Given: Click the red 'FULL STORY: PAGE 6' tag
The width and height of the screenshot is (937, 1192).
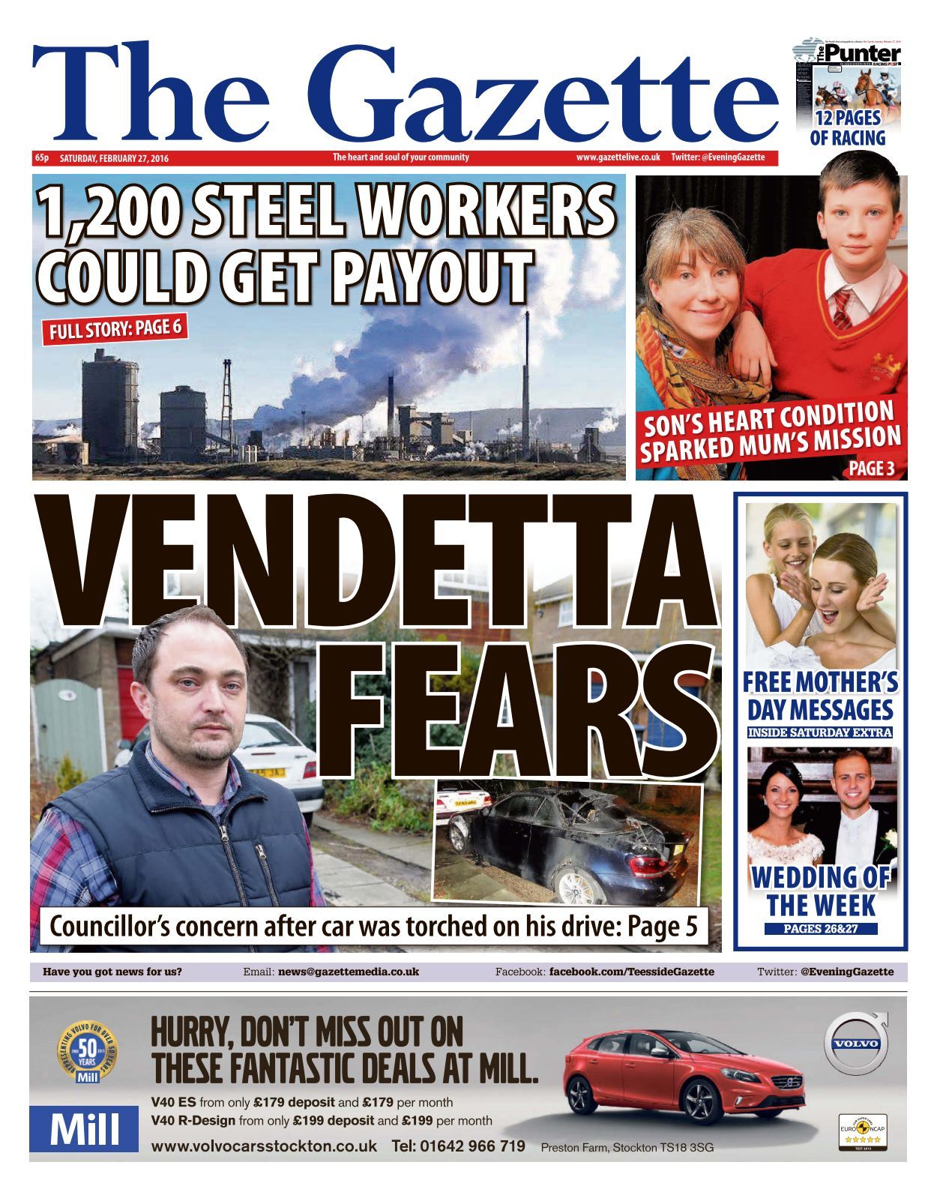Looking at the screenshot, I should pos(115,328).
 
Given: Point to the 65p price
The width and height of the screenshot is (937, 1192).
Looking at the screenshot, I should pos(41,158).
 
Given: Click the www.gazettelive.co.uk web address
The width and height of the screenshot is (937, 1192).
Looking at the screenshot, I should pos(618,157).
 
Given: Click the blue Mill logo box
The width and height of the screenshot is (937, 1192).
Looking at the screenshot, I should pos(84,1128).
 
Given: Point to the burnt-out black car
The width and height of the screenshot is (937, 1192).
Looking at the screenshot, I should pos(570,847).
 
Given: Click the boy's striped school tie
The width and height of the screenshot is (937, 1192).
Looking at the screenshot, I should pos(843,308).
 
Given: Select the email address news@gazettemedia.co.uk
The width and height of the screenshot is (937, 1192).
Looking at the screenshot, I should pos(349,972).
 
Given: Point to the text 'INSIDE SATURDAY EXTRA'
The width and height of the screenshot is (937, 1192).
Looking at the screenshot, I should pos(820,732).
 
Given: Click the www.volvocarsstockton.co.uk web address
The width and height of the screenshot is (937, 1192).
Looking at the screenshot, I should pos(264,1146).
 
